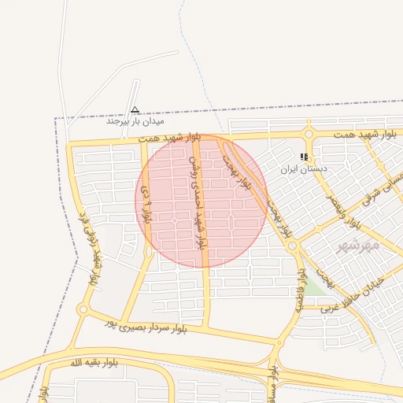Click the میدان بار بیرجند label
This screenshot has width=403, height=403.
pos(135,122)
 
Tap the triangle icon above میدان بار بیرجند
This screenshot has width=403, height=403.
pos(135,110)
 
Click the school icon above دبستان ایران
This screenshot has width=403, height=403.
pos(305,157)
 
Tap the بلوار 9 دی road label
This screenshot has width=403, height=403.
pos(146,202)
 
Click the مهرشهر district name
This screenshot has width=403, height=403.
pos(358,246)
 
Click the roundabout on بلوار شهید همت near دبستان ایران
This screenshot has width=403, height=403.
pos(309,134)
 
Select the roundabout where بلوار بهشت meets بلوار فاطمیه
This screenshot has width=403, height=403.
pos(293,246)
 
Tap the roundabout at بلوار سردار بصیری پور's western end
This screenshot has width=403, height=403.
pos(83,309)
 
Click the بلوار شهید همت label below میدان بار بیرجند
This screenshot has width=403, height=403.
pos(171,138)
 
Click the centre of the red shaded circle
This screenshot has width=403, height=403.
pos(201,201)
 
